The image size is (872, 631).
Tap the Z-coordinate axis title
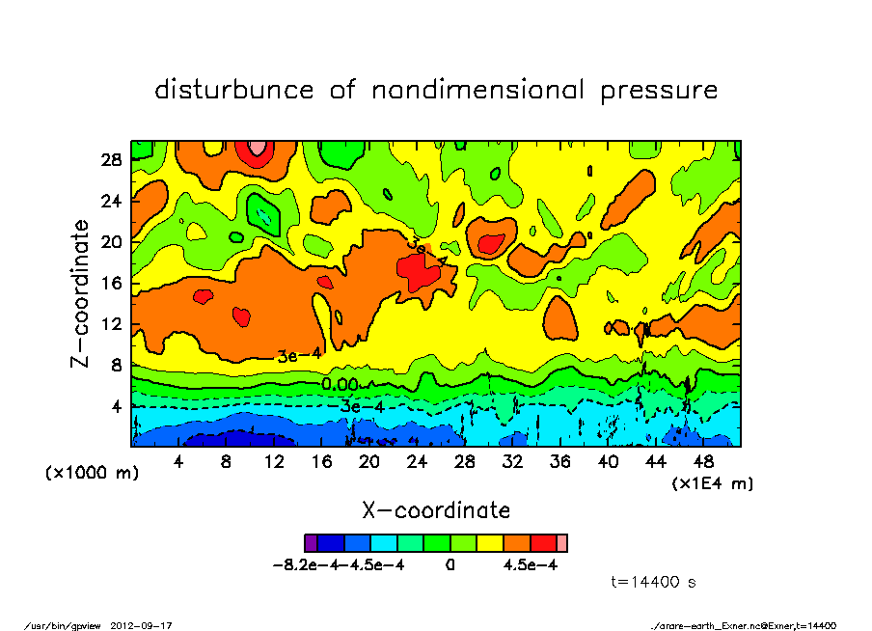click(81, 292)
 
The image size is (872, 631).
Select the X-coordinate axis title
click(435, 509)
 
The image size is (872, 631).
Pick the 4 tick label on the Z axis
click(119, 407)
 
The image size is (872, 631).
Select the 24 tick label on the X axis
click(417, 461)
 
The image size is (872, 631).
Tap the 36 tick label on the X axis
click(559, 461)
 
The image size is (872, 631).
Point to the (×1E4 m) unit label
click(712, 481)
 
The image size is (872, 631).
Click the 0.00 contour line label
click(340, 385)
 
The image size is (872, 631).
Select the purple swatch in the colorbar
click(311, 542)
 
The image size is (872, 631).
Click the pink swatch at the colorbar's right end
click(562, 542)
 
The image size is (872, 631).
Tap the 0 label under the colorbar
click(450, 565)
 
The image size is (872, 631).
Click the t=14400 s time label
click(654, 582)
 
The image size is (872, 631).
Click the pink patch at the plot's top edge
click(258, 147)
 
